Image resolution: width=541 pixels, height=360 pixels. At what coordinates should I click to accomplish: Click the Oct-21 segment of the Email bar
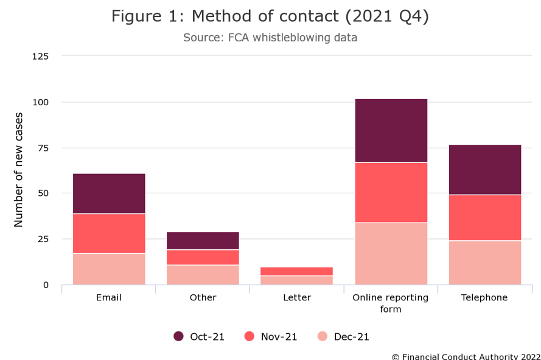109,193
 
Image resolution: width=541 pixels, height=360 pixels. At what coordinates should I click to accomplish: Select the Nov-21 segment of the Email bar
109,234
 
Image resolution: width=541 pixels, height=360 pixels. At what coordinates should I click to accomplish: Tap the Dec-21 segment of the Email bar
109,269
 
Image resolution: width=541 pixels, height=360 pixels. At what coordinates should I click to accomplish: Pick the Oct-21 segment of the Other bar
203,241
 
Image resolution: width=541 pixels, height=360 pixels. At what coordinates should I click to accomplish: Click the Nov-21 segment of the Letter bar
297,271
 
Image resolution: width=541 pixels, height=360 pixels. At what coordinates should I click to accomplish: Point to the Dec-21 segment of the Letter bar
297,280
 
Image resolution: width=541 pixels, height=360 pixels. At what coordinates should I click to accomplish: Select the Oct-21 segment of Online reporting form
391,130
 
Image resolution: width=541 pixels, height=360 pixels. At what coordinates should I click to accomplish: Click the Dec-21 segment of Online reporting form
391,254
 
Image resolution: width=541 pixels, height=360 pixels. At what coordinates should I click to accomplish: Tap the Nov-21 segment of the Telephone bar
484,218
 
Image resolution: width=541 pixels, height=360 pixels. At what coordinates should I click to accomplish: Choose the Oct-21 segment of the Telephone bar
484,170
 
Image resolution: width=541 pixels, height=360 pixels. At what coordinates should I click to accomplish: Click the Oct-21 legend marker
179,336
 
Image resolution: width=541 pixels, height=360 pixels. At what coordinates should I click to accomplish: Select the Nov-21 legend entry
271,336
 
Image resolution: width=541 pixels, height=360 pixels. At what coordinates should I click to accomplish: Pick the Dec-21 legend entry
343,336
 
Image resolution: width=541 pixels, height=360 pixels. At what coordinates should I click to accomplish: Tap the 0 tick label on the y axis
46,285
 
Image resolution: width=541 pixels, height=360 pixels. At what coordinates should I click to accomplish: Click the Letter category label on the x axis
297,298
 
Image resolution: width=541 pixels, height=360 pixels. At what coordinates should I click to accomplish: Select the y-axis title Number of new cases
18,170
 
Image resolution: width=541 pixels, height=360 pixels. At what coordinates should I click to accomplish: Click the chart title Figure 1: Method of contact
270,17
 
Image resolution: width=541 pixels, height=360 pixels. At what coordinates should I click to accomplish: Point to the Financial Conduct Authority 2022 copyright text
466,356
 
